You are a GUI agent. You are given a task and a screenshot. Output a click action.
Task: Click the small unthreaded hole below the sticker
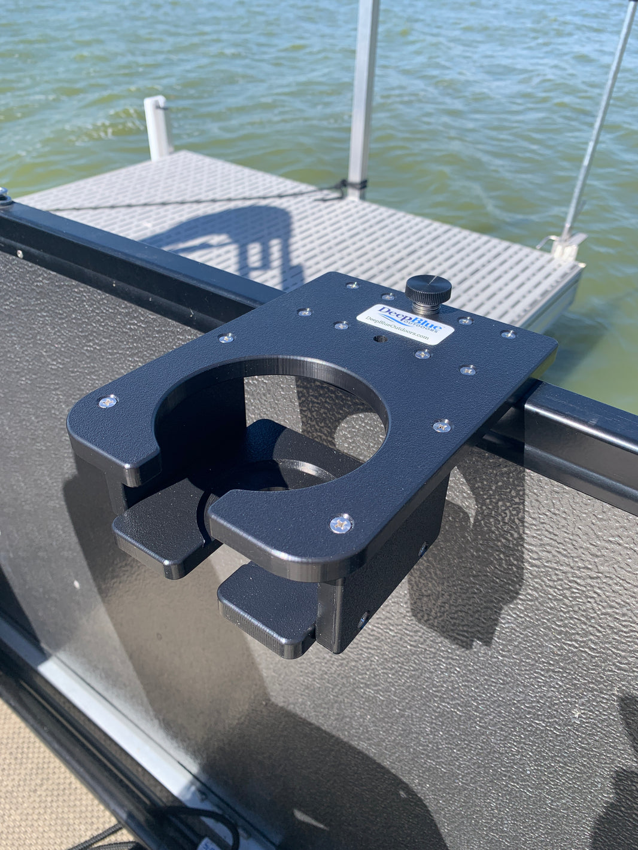pos(378,339)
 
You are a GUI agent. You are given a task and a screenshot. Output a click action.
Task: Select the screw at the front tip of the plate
pos(341,524)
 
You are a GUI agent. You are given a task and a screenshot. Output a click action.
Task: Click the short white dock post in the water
pos(158,127)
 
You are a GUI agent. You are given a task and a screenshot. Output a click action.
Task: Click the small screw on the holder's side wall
pos(361,620)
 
